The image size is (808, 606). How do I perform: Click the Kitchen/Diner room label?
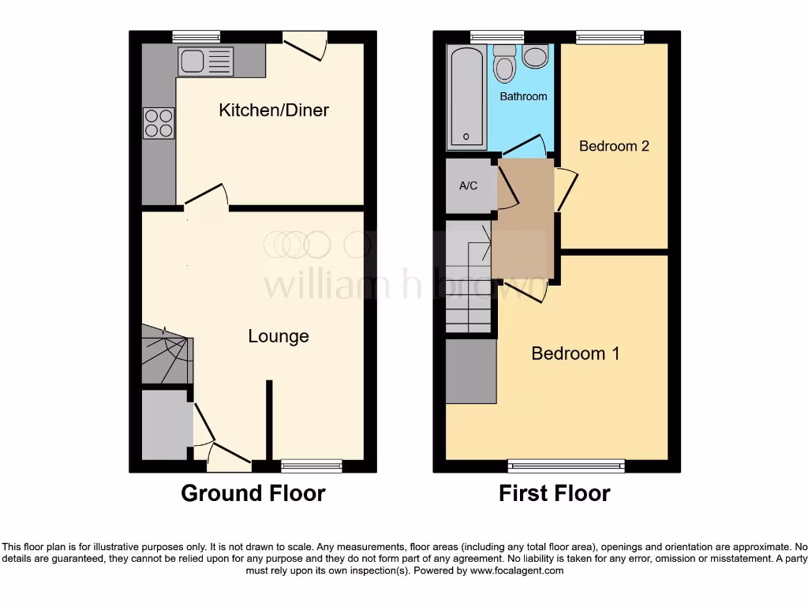point(273,110)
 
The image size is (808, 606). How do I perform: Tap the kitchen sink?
point(206,62)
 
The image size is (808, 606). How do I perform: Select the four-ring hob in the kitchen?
point(159,122)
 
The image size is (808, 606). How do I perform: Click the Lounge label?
point(278,336)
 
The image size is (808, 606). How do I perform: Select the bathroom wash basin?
point(536,56)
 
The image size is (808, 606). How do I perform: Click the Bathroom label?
point(523,96)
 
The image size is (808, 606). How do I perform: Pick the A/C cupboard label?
point(468,186)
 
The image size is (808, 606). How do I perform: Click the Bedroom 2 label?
point(614,146)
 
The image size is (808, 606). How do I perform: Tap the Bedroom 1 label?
point(575,353)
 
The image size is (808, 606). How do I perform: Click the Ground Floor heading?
point(252,493)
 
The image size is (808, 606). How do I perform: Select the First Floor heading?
point(554,493)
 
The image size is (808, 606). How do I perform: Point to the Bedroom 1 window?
point(566,466)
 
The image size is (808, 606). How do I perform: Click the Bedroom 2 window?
point(609,36)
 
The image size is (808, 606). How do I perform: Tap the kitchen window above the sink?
point(196,36)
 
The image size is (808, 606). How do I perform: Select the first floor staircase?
point(469,276)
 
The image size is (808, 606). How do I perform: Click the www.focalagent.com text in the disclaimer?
point(516,570)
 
